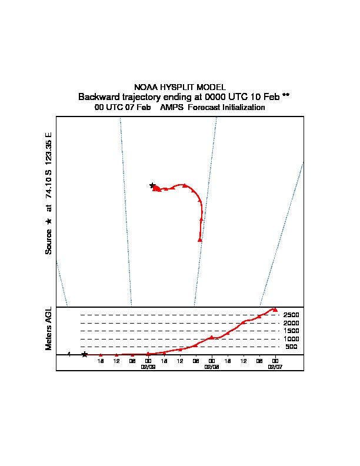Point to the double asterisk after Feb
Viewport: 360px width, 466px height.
pos(286,96)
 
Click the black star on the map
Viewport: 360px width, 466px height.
pos(152,185)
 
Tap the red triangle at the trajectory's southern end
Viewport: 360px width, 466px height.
pos(200,239)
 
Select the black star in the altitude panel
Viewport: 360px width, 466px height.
pos(85,354)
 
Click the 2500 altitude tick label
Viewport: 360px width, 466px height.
pos(291,315)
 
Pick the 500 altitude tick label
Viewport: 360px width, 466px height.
pos(291,347)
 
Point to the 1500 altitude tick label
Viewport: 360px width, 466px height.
pos(291,331)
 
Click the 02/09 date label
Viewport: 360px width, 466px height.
pos(148,366)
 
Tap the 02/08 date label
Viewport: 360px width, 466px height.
pos(211,366)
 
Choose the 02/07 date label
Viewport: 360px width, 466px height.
pos(275,366)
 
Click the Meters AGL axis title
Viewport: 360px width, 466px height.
pos(49,328)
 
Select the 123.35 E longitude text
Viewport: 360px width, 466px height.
pos(49,147)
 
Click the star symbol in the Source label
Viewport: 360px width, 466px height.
pos(49,221)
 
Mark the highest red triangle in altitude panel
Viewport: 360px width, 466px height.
pos(275,309)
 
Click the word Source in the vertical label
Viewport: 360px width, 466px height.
pos(49,241)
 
